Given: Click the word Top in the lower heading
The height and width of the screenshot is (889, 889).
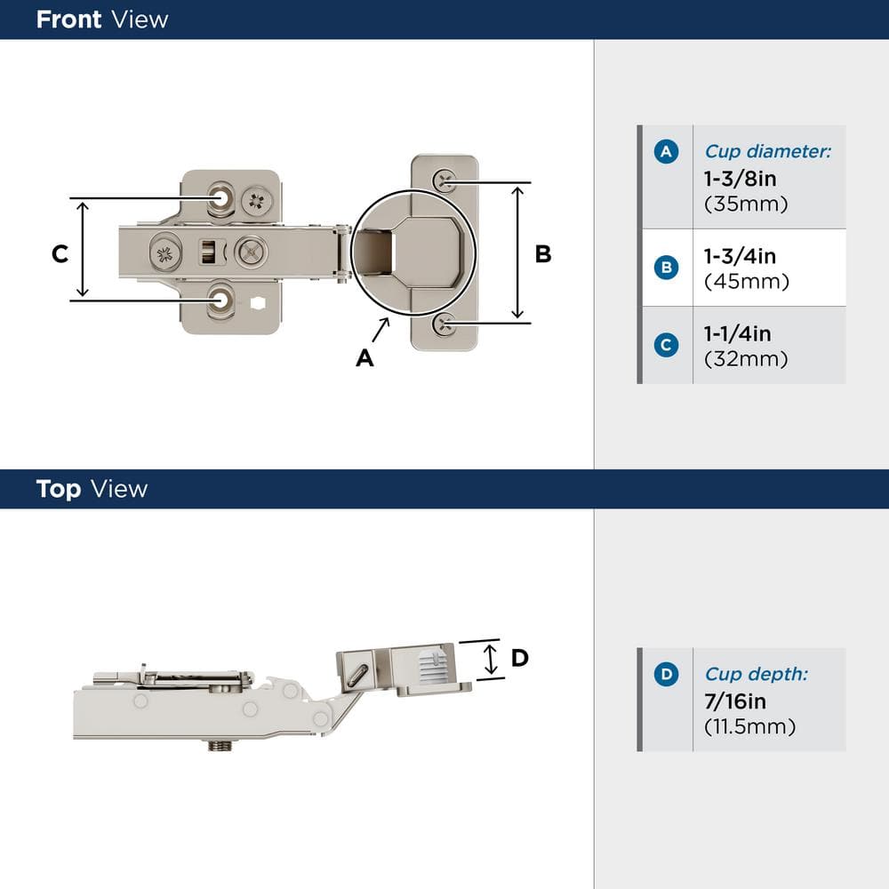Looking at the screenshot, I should (x=58, y=489).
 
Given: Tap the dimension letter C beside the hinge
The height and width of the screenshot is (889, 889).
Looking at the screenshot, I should (x=60, y=254).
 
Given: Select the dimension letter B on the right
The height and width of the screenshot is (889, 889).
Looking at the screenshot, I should (x=542, y=254).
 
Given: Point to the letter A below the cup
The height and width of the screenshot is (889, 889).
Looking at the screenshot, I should (x=364, y=357).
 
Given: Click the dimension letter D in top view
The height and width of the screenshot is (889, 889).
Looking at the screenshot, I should (x=520, y=658).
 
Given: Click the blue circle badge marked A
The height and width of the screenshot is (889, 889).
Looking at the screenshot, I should (x=666, y=152).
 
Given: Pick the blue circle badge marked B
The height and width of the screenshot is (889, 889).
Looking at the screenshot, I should (x=666, y=268).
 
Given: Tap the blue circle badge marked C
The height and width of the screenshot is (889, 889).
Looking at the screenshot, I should (x=666, y=345).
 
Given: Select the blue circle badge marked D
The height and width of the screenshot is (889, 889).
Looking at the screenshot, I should (x=666, y=675).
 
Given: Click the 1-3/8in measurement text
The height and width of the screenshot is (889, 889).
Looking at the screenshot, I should (x=740, y=179).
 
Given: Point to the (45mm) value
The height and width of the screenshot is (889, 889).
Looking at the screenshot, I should (x=746, y=282).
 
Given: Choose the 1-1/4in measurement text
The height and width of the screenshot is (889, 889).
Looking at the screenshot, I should (x=737, y=334).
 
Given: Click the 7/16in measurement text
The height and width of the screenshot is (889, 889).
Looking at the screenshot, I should (x=735, y=701).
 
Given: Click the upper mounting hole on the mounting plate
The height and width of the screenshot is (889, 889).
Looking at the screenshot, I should (x=218, y=197).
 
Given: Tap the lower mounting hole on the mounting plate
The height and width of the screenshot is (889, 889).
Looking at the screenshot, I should (x=218, y=300).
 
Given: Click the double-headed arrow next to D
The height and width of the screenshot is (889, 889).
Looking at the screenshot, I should (x=490, y=660).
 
